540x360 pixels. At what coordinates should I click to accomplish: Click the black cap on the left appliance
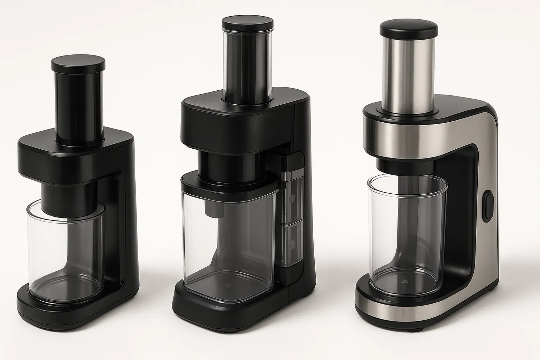point(78,64)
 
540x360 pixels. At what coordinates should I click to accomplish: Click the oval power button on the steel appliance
point(488,206)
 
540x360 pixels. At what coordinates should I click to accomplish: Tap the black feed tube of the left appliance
point(78,104)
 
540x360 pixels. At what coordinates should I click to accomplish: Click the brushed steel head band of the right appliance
point(414,137)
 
